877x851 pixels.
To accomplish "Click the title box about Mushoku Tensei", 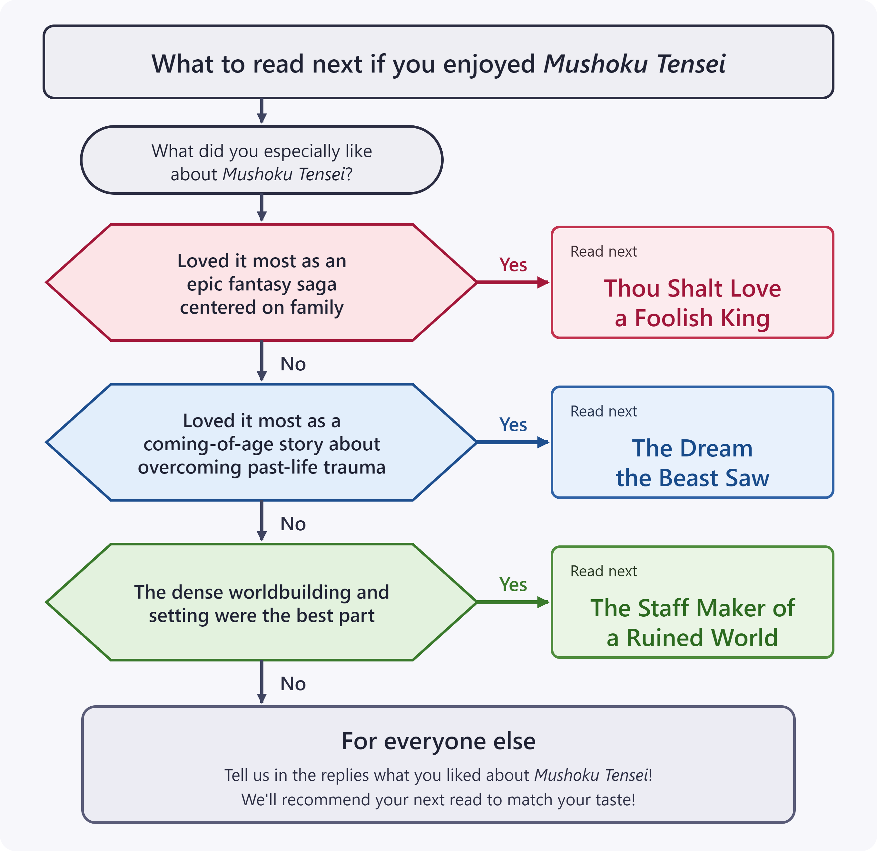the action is pyautogui.click(x=438, y=62).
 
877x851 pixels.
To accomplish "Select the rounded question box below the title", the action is pyautogui.click(x=262, y=160).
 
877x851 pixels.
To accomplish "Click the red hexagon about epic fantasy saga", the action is pyautogui.click(x=262, y=282).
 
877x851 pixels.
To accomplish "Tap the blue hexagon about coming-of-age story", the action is pyautogui.click(x=262, y=442).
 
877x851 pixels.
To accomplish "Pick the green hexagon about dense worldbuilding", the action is pyautogui.click(x=262, y=602).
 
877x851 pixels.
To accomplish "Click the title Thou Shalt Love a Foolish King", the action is pyautogui.click(x=692, y=303).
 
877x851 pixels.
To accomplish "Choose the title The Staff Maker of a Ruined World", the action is pyautogui.click(x=692, y=622).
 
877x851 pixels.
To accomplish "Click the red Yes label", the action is pyautogui.click(x=513, y=264).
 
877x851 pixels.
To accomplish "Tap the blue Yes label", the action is pyautogui.click(x=513, y=424).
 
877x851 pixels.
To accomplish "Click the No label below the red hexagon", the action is pyautogui.click(x=293, y=364).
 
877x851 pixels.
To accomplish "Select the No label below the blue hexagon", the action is pyautogui.click(x=293, y=523).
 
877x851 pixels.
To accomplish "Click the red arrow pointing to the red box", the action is pyautogui.click(x=513, y=282).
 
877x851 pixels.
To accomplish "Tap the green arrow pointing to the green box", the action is pyautogui.click(x=513, y=602).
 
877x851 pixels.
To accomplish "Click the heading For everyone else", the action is pyautogui.click(x=438, y=741).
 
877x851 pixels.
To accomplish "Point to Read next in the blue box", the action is pyautogui.click(x=603, y=411).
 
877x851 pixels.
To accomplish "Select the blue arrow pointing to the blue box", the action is pyautogui.click(x=513, y=442).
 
